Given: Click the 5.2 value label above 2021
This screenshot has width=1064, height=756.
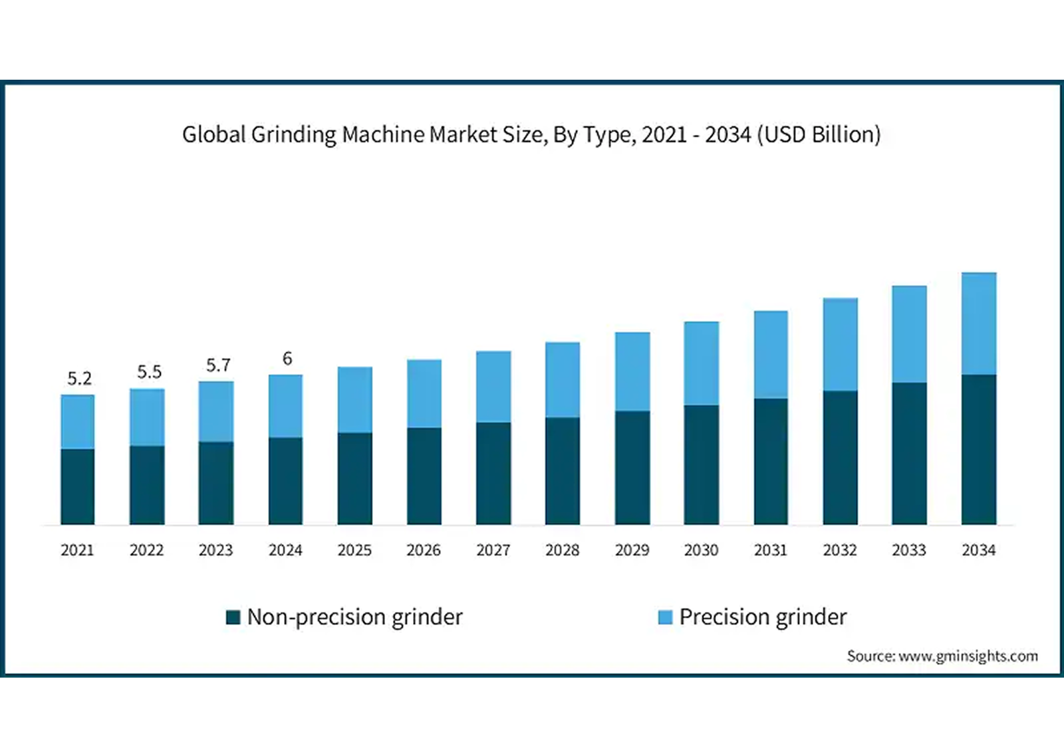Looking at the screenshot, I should pyautogui.click(x=79, y=379).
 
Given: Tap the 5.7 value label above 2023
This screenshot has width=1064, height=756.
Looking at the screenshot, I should pyautogui.click(x=218, y=365).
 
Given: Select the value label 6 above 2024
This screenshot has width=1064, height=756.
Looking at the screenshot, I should pyautogui.click(x=287, y=359).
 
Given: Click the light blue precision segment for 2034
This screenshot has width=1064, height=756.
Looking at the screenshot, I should pyautogui.click(x=978, y=324).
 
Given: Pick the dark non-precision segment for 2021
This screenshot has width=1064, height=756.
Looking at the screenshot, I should pyautogui.click(x=77, y=486).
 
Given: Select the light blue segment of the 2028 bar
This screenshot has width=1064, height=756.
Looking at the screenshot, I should pyautogui.click(x=563, y=379).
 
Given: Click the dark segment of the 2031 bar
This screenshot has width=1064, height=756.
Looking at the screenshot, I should pyautogui.click(x=771, y=461).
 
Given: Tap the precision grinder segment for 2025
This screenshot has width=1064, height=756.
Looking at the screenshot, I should pyautogui.click(x=354, y=399).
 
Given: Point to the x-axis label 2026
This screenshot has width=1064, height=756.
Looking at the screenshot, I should pyautogui.click(x=424, y=550).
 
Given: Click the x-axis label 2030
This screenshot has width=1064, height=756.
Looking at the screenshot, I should pyautogui.click(x=701, y=550).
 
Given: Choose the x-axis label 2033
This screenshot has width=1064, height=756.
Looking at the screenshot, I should pyautogui.click(x=909, y=550).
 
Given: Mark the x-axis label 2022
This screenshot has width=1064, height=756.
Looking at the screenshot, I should pyautogui.click(x=146, y=550).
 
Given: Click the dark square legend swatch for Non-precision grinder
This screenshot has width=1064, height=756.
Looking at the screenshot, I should pyautogui.click(x=233, y=617).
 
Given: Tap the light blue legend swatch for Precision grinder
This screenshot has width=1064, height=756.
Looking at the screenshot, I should pyautogui.click(x=665, y=617).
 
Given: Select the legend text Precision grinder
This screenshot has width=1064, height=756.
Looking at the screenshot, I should pyautogui.click(x=763, y=617).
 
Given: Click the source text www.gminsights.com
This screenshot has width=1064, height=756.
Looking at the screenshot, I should pyautogui.click(x=968, y=656).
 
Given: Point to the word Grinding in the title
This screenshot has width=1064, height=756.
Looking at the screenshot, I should pyautogui.click(x=293, y=135).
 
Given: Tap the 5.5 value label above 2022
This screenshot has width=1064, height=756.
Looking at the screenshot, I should pyautogui.click(x=149, y=372).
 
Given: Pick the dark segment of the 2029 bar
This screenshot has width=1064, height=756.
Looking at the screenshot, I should pyautogui.click(x=632, y=468).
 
